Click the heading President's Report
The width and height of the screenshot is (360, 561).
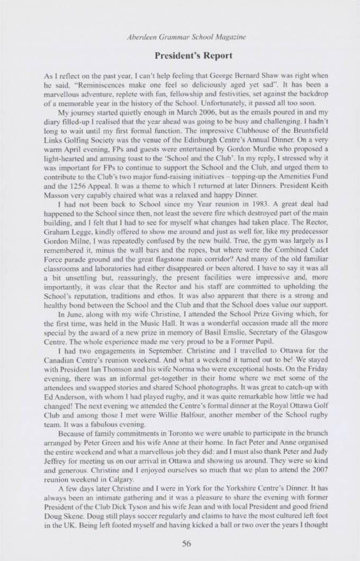pos(179,55)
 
